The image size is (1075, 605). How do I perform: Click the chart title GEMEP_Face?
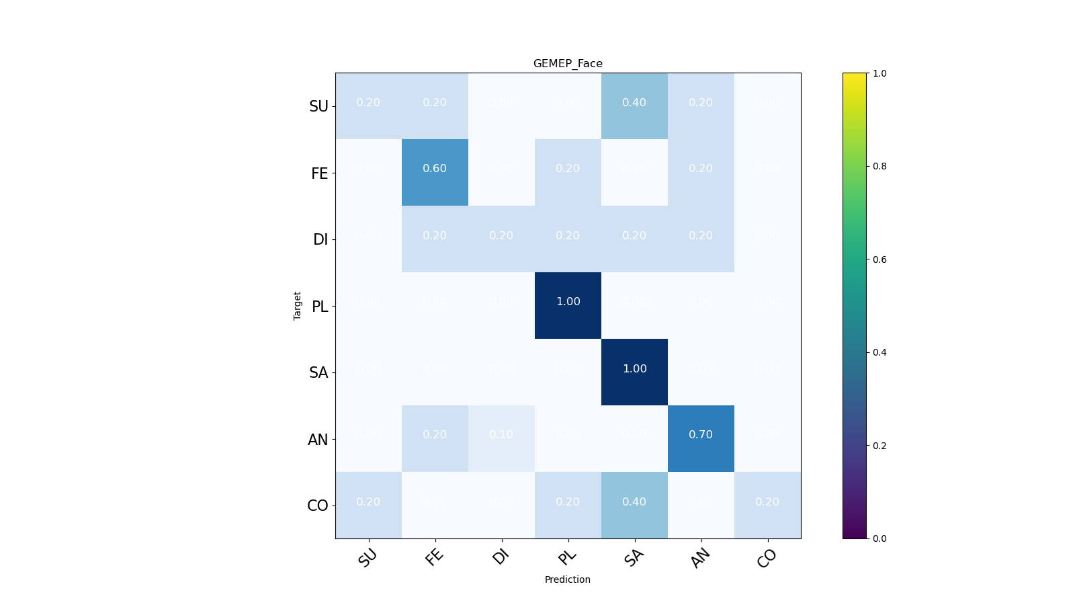(x=568, y=64)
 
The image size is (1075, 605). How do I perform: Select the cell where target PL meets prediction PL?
(x=568, y=305)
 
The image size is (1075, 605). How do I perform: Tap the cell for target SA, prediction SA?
(x=634, y=372)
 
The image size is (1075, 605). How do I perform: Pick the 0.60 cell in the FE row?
(x=435, y=172)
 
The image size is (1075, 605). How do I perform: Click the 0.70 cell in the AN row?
(x=701, y=438)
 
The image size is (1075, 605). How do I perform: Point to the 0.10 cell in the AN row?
(x=501, y=438)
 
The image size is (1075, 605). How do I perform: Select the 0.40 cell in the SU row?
(x=634, y=106)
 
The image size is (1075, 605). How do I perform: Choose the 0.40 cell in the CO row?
(x=634, y=505)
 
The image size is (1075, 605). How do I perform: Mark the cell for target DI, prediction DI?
(x=501, y=239)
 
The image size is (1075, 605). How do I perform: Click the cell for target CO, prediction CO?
(x=767, y=505)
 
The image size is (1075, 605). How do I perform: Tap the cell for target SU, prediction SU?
(x=368, y=106)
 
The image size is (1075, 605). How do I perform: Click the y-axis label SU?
(x=318, y=106)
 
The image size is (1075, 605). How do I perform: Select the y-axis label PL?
(x=320, y=307)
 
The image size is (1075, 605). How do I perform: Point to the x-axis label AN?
(x=700, y=558)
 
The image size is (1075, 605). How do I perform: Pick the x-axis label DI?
(x=500, y=557)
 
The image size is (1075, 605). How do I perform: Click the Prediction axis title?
(x=568, y=579)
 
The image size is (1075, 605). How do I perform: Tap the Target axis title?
(x=298, y=305)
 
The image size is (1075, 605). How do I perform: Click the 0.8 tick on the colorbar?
(x=879, y=166)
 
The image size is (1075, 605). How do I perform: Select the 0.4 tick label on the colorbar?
(x=879, y=352)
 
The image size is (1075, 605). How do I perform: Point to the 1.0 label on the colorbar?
(x=879, y=73)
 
